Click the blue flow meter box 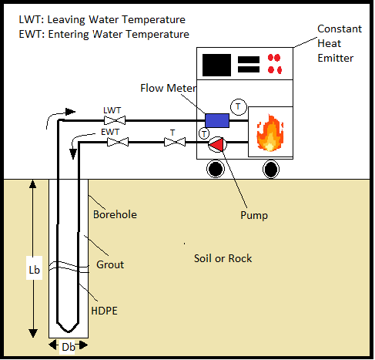(217, 120)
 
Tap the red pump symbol (220, 143)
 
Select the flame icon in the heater (270, 133)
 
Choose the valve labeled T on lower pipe (173, 142)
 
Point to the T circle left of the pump (204, 134)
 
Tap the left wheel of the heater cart (216, 168)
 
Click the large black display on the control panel (216, 64)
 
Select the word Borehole (115, 214)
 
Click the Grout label (110, 264)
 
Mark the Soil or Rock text (223, 258)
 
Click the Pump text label (253, 216)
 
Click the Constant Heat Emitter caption (339, 42)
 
